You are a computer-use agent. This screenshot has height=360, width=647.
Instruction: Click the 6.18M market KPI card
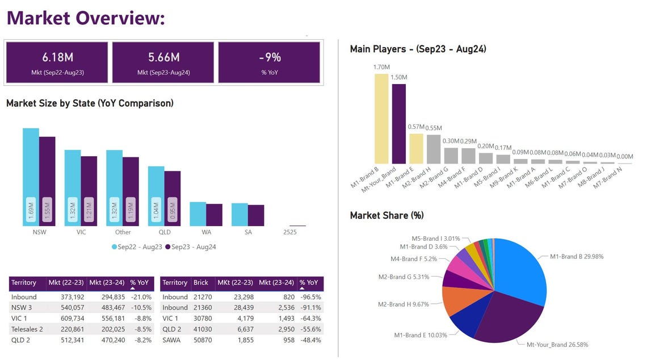pos(57,62)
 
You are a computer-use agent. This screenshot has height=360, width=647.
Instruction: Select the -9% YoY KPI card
pos(269,62)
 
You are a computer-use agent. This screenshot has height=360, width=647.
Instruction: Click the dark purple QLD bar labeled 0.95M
pos(173,199)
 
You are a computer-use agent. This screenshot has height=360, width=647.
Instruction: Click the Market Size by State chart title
pos(90,103)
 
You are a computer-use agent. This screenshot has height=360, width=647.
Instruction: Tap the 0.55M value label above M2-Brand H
pos(434,128)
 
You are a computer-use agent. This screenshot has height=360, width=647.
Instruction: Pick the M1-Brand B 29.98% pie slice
pos(522,273)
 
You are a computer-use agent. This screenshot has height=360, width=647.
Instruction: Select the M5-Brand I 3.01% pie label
pos(435,239)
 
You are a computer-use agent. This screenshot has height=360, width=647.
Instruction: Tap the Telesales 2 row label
pos(27,329)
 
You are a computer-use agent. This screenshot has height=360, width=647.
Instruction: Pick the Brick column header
pos(200,282)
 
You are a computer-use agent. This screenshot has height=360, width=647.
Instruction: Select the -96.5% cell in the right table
pos(310,297)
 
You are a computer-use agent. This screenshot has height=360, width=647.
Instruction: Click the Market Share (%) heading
pos(386,216)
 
